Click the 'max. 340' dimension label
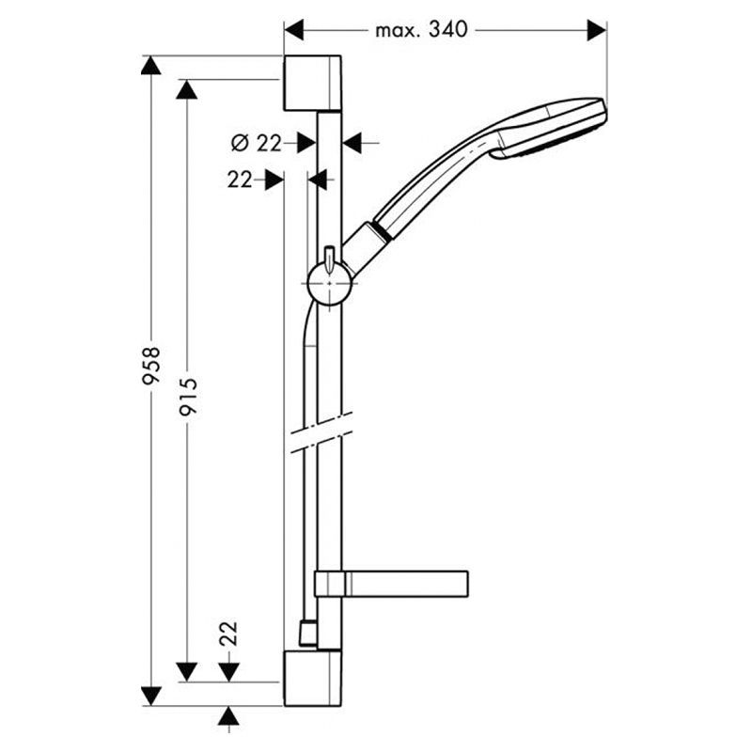click(421, 30)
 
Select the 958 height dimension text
click(151, 366)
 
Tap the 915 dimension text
click(187, 396)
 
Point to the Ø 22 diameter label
click(256, 143)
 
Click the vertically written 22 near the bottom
click(228, 634)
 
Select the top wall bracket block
click(313, 83)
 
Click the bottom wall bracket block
click(313, 678)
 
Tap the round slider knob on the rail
click(330, 283)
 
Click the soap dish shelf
click(391, 584)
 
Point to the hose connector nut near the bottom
click(307, 633)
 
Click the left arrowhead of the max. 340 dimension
click(294, 30)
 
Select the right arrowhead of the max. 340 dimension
click(597, 30)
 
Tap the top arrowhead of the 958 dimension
click(151, 65)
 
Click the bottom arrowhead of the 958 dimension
click(151, 697)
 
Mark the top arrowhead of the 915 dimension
click(187, 89)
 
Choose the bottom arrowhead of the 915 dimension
click(187, 672)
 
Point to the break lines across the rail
click(321, 432)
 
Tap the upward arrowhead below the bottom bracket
click(228, 715)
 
